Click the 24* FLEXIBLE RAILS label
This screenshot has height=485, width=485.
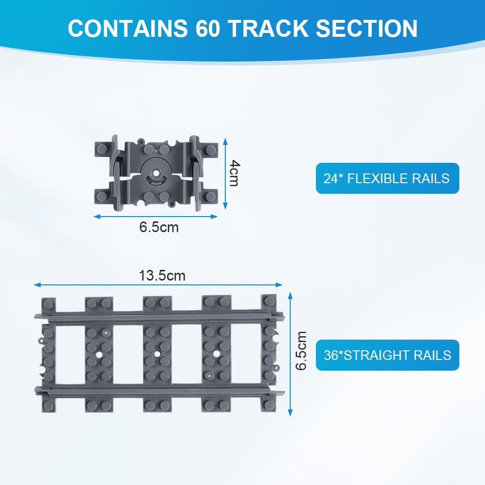(387, 178)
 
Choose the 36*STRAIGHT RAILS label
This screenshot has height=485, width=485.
(387, 355)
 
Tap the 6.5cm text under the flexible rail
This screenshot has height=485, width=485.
(159, 227)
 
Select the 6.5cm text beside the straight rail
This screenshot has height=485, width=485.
(301, 351)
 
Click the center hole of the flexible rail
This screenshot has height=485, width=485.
(156, 173)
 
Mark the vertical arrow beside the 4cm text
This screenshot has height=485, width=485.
(224, 173)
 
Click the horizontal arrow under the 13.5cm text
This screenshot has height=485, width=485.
(158, 285)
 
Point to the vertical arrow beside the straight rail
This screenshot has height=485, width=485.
(290, 354)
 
